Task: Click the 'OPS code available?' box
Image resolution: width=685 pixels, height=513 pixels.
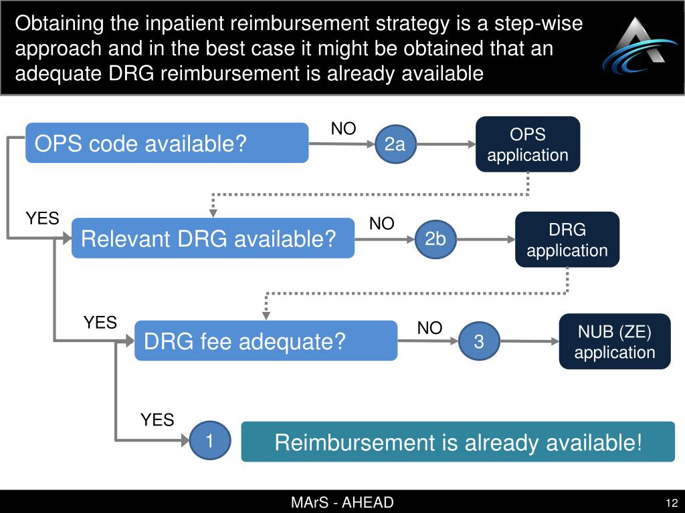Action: coord(167,143)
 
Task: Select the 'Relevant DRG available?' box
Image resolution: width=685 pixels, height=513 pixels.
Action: coord(213,238)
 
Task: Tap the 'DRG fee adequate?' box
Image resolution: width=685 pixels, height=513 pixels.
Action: coord(266,341)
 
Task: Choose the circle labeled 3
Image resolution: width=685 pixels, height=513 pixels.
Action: coord(479,341)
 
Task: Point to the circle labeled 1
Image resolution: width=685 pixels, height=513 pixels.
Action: coord(209,441)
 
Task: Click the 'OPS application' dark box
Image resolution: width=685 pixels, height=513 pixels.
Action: coord(527,144)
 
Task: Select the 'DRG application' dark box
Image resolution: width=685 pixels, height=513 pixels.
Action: coord(567,240)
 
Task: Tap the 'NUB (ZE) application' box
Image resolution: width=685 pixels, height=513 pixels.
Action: coord(614,341)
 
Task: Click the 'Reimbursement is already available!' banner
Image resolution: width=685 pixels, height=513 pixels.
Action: coord(458,442)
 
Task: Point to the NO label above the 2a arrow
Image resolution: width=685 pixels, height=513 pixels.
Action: coord(344,129)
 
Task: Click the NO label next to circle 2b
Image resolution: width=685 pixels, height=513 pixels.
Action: coord(382,224)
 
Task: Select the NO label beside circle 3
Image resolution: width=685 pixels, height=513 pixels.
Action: coord(429,328)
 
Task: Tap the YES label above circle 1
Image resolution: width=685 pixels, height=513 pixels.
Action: coord(157,419)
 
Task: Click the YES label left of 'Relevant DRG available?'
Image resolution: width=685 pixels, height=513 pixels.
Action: coord(43,218)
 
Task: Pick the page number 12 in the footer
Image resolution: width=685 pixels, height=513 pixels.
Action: coord(672,502)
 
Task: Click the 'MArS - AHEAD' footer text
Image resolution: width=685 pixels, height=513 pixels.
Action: coord(342,502)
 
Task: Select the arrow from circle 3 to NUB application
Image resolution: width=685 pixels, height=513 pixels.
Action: coord(528,341)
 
